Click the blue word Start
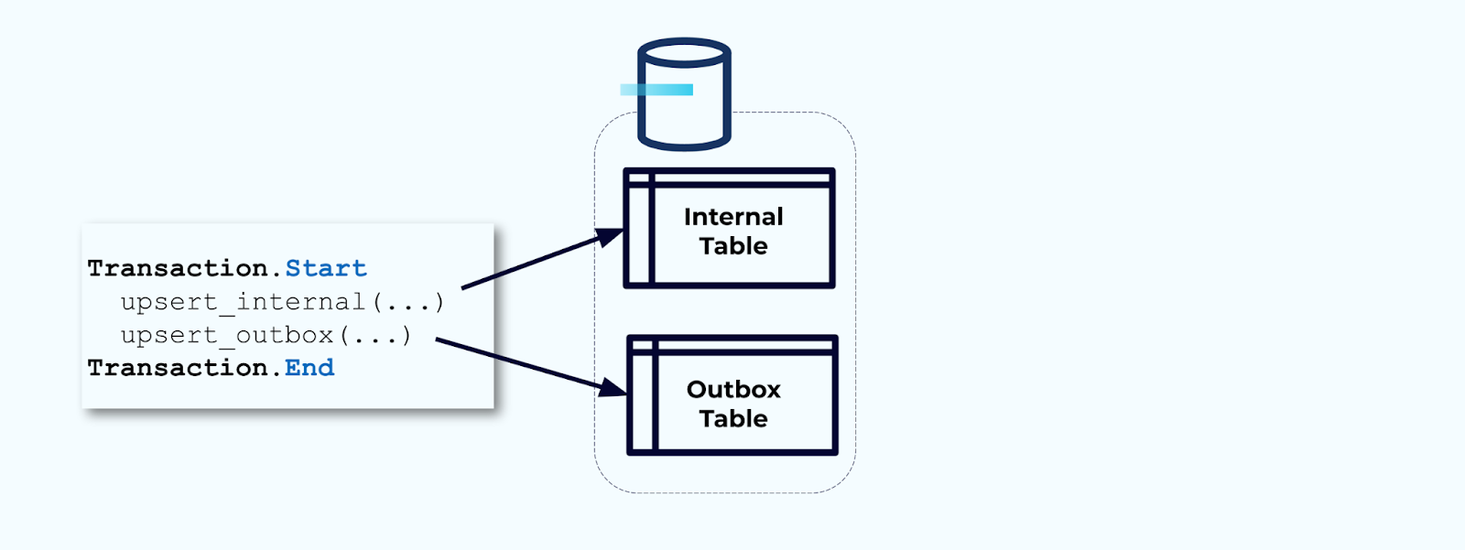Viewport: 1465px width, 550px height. [326, 268]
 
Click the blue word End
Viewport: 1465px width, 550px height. [309, 368]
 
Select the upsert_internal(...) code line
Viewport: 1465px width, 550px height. [282, 302]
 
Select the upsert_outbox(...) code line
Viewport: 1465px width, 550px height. [266, 335]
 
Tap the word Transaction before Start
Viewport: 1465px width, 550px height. [178, 268]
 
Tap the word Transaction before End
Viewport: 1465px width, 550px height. [178, 368]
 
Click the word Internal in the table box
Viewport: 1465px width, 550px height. [733, 217]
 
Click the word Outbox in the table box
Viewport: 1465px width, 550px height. [733, 390]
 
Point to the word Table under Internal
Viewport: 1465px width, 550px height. [733, 246]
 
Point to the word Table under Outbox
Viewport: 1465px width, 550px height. [733, 419]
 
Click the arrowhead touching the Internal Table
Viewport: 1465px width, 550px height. [611, 237]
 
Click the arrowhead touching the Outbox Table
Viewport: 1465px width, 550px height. [613, 388]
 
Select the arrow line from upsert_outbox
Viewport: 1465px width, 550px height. [517, 361]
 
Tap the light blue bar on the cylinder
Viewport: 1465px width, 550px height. [657, 90]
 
